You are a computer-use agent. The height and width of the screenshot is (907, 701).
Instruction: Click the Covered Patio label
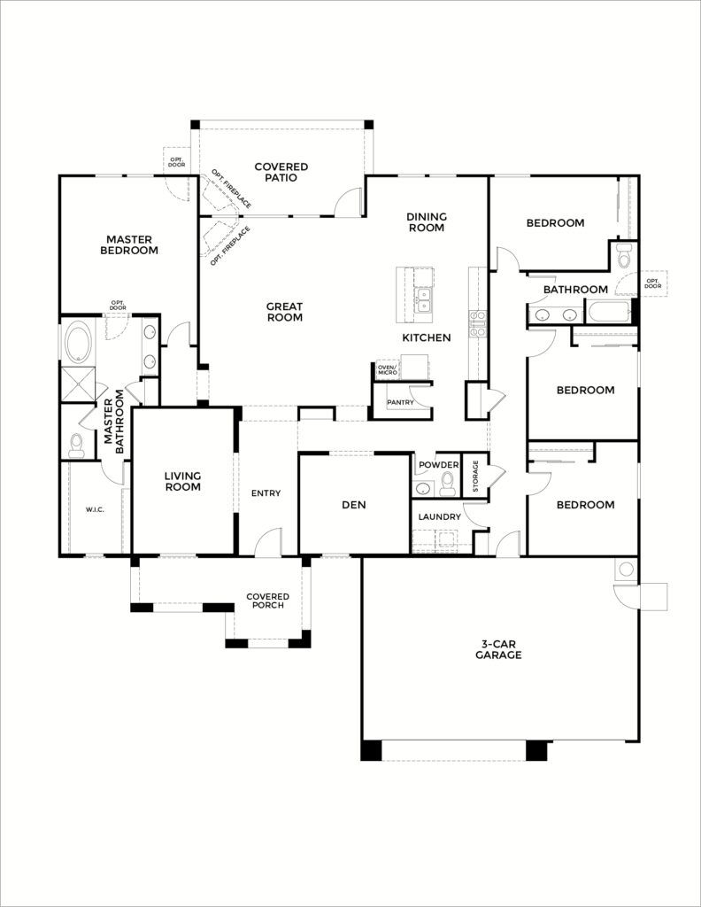tap(281, 173)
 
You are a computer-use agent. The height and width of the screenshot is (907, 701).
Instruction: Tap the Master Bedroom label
tap(129, 244)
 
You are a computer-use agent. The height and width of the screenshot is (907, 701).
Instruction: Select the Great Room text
tap(284, 312)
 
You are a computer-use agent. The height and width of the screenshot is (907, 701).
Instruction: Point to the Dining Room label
tap(427, 222)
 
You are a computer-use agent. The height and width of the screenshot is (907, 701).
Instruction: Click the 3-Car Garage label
tap(498, 649)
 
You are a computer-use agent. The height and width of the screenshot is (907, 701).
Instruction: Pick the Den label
tap(354, 505)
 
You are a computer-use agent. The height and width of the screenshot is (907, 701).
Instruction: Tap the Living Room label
tap(182, 481)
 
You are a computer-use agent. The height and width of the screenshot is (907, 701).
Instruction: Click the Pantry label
tap(400, 402)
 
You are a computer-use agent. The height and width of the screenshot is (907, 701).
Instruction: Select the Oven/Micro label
tap(387, 369)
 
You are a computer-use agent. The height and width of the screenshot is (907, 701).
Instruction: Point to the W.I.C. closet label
tap(95, 509)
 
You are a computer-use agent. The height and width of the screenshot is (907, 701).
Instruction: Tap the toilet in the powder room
tap(447, 483)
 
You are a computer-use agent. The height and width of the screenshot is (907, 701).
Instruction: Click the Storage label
tap(475, 476)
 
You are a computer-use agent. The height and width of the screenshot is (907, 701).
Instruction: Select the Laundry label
tap(439, 516)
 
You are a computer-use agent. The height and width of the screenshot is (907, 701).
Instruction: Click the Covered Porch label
tap(267, 601)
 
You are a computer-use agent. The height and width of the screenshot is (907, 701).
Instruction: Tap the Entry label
tap(266, 492)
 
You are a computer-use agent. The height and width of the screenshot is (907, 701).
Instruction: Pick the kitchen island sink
tap(424, 299)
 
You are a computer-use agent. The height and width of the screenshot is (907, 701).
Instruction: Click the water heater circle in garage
tap(626, 569)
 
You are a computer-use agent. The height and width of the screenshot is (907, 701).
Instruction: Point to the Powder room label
tap(439, 465)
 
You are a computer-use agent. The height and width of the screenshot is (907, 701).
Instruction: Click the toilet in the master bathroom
tap(76, 444)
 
